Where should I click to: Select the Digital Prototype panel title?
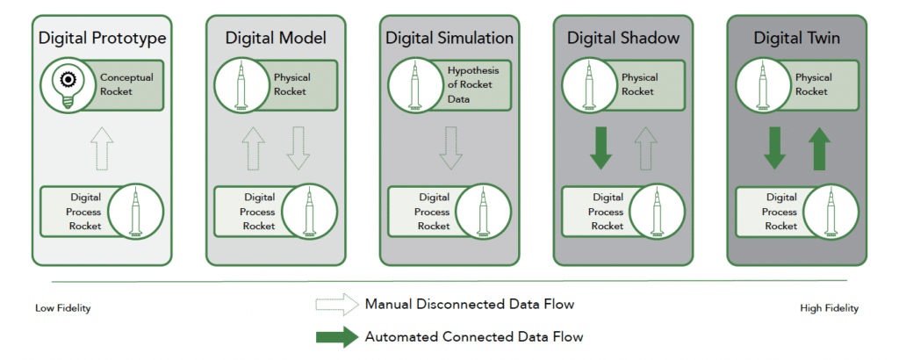pyautogui.click(x=102, y=39)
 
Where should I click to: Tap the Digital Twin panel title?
pyautogui.click(x=796, y=39)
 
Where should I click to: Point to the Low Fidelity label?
pyautogui.click(x=63, y=308)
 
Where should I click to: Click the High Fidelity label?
pyautogui.click(x=829, y=308)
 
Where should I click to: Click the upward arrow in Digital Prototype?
pyautogui.click(x=102, y=149)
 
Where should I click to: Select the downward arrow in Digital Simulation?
pyautogui.click(x=449, y=149)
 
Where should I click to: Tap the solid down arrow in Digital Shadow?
pyautogui.click(x=601, y=149)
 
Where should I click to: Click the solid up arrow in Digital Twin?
pyautogui.click(x=818, y=149)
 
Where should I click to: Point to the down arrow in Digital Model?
pyautogui.click(x=298, y=149)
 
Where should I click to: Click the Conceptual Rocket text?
pyautogui.click(x=126, y=84)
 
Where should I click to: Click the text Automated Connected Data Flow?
pyautogui.click(x=474, y=335)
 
